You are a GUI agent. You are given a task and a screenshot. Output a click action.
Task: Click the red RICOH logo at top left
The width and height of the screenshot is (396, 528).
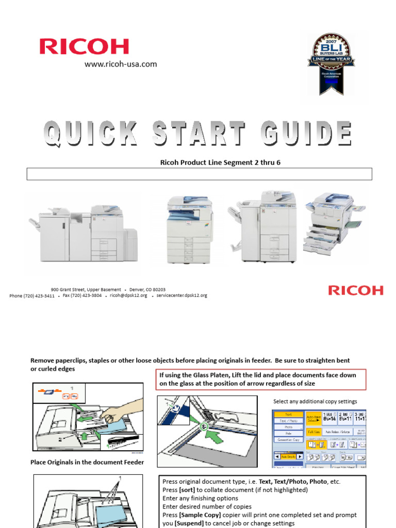coord(85,46)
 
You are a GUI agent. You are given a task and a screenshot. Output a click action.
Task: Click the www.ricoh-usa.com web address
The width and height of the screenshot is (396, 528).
coord(121,64)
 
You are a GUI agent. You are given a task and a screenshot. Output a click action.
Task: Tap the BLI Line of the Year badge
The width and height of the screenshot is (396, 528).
coord(332,63)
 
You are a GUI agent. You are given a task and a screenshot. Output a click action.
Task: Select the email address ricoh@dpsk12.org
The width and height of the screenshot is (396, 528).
coord(128,296)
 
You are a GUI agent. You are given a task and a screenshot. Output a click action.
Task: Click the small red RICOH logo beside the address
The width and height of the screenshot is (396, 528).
coord(356,290)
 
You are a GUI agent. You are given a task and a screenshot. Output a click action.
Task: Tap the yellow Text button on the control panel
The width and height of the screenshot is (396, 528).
coord(288,414)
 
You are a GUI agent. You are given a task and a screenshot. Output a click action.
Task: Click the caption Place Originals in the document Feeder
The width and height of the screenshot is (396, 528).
coord(87,463)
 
